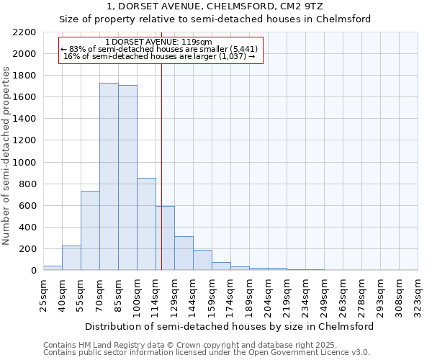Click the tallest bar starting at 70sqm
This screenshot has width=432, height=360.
click(109, 176)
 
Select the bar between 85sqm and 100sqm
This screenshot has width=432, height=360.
click(127, 178)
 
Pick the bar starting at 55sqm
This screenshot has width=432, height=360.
click(90, 230)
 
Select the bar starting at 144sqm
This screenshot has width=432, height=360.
click(202, 260)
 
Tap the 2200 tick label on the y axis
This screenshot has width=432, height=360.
click(24, 32)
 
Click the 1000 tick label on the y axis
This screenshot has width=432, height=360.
click(24, 163)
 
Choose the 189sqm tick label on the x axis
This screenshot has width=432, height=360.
click(249, 294)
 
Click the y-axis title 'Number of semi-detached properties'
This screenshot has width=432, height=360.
click(7, 156)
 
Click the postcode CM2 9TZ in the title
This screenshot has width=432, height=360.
click(303, 6)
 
